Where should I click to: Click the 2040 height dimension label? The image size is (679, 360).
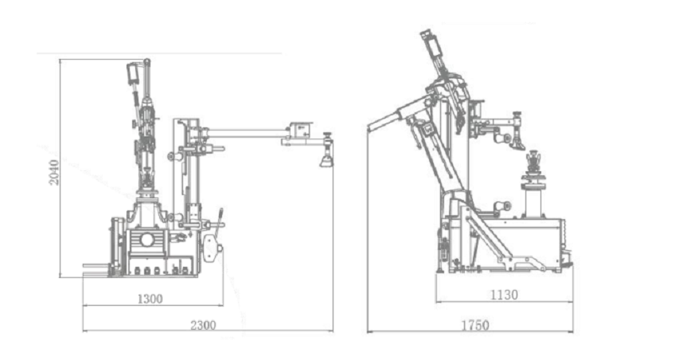(x=53, y=172)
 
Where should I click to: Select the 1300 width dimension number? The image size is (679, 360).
(x=150, y=299)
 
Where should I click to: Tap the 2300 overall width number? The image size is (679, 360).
(x=203, y=325)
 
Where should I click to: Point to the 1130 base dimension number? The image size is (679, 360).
(x=504, y=295)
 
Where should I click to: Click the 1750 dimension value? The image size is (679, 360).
(x=475, y=325)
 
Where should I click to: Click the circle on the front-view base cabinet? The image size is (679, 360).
(x=146, y=240)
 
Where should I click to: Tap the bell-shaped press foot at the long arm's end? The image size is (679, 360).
(x=326, y=161)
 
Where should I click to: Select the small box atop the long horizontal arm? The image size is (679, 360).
(x=302, y=129)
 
